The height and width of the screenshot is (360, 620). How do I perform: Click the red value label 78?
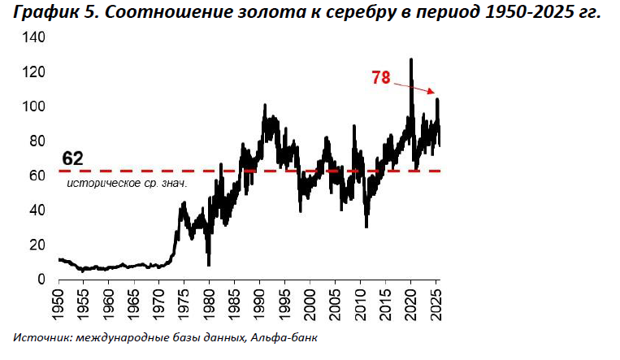pos(380,78)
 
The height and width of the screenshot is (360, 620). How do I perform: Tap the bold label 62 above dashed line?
pos(73,158)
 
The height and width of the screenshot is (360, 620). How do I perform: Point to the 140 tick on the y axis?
pos(35,38)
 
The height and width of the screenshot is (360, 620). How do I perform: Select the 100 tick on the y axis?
pos(35,107)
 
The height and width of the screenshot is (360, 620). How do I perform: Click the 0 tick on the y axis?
pos(41,280)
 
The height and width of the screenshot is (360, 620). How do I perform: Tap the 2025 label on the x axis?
pos(436,305)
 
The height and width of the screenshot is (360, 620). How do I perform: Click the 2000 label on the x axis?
pos(310,305)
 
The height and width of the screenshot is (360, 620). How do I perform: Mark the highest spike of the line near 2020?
pos(411,60)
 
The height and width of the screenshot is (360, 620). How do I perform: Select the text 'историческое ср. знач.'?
pos(127,184)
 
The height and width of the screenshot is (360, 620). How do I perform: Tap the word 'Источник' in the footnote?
pos(39,338)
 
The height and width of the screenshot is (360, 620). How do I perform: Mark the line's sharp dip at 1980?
pos(209,264)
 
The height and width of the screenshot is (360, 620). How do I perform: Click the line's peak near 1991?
pos(265,105)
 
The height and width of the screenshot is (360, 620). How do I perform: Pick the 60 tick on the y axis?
pos(38,176)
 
